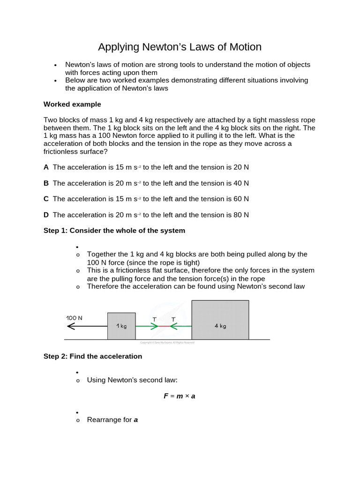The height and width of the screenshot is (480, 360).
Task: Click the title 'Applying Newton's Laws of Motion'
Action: point(180,47)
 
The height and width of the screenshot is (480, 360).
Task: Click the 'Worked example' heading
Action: point(72,104)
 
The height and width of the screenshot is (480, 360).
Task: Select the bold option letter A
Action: point(46,167)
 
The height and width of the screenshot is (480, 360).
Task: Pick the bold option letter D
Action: point(46,215)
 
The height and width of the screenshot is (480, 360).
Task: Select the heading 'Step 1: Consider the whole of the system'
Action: point(114,231)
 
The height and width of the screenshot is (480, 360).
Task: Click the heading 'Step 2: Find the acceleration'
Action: point(93,356)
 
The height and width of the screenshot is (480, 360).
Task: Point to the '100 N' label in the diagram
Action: point(74,318)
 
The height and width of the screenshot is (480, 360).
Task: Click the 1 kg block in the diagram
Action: point(121,326)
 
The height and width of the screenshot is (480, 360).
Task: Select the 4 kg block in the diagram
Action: point(220,320)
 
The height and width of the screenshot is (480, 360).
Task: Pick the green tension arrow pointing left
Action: point(180,326)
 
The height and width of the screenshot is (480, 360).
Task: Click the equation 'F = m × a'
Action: point(179,396)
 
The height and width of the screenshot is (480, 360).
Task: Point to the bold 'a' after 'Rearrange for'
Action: point(136,420)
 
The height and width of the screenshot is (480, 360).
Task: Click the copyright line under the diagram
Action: point(167,343)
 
